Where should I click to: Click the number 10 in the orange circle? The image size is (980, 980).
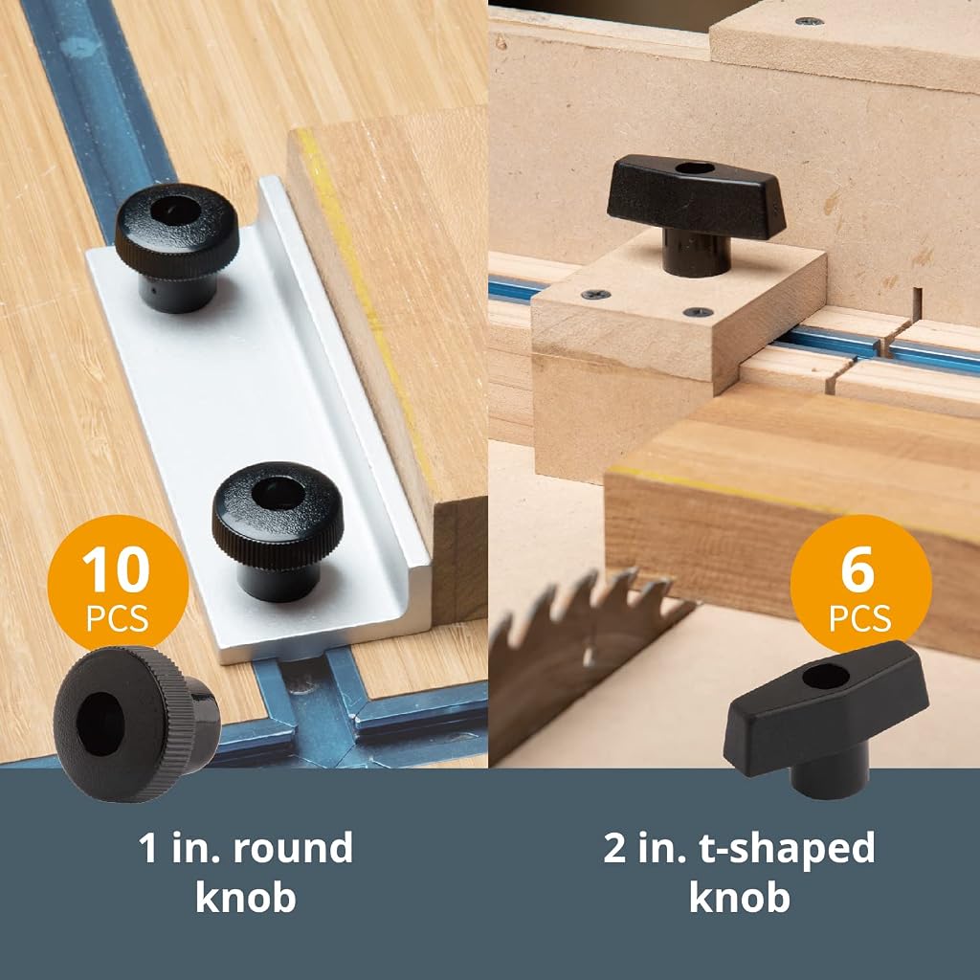116,568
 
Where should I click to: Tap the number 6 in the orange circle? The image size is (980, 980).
857,568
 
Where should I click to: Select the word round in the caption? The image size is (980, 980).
293,848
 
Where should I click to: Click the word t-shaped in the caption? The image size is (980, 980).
787,850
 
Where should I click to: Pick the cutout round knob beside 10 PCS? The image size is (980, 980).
136,724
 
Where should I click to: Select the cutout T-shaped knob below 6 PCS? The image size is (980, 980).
826,719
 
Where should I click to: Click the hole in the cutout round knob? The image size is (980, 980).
100,724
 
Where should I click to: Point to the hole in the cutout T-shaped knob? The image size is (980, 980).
825,677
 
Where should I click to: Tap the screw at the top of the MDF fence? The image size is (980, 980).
809,21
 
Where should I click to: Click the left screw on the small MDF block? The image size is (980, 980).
595,294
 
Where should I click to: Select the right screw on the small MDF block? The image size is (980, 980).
698,312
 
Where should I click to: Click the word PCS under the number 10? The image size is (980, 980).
117,619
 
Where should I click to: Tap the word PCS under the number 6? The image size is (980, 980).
859,619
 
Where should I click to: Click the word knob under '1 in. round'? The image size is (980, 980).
246,898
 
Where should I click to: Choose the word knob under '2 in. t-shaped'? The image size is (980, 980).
740,898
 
